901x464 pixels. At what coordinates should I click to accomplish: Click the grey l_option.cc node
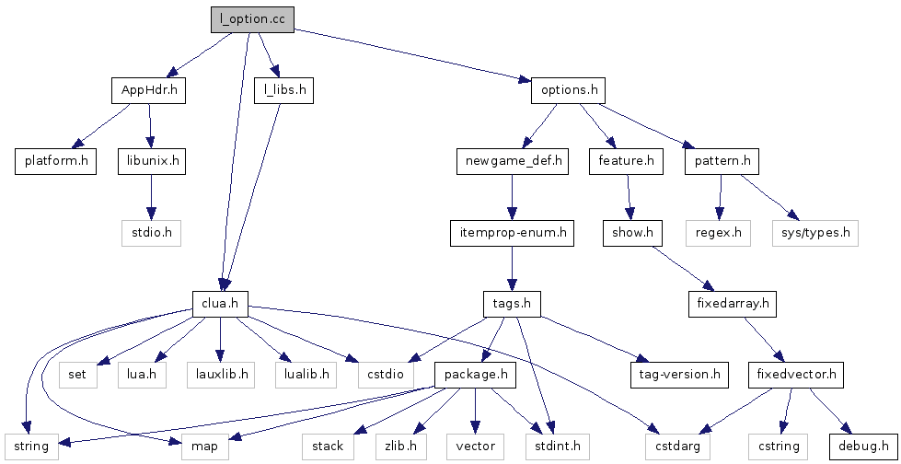point(251,18)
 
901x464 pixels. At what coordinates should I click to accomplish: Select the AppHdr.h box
point(149,90)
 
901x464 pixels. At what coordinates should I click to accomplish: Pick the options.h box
point(569,90)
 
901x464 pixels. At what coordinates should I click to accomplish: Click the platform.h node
point(55,161)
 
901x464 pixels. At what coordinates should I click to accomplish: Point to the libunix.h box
point(152,161)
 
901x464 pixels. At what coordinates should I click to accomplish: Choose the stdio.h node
point(152,232)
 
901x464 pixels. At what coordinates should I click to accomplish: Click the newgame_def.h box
point(512,161)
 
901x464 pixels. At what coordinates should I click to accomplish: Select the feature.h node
point(626,161)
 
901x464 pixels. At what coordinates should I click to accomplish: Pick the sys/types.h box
point(814,232)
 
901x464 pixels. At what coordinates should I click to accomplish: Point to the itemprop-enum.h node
point(512,232)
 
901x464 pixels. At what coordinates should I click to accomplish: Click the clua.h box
point(220,303)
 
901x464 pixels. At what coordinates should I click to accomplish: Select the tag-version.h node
point(678,374)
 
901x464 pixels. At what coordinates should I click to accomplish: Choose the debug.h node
point(861,446)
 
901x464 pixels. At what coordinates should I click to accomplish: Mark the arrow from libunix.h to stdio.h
point(152,196)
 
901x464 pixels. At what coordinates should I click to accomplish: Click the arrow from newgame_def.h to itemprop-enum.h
point(512,196)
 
